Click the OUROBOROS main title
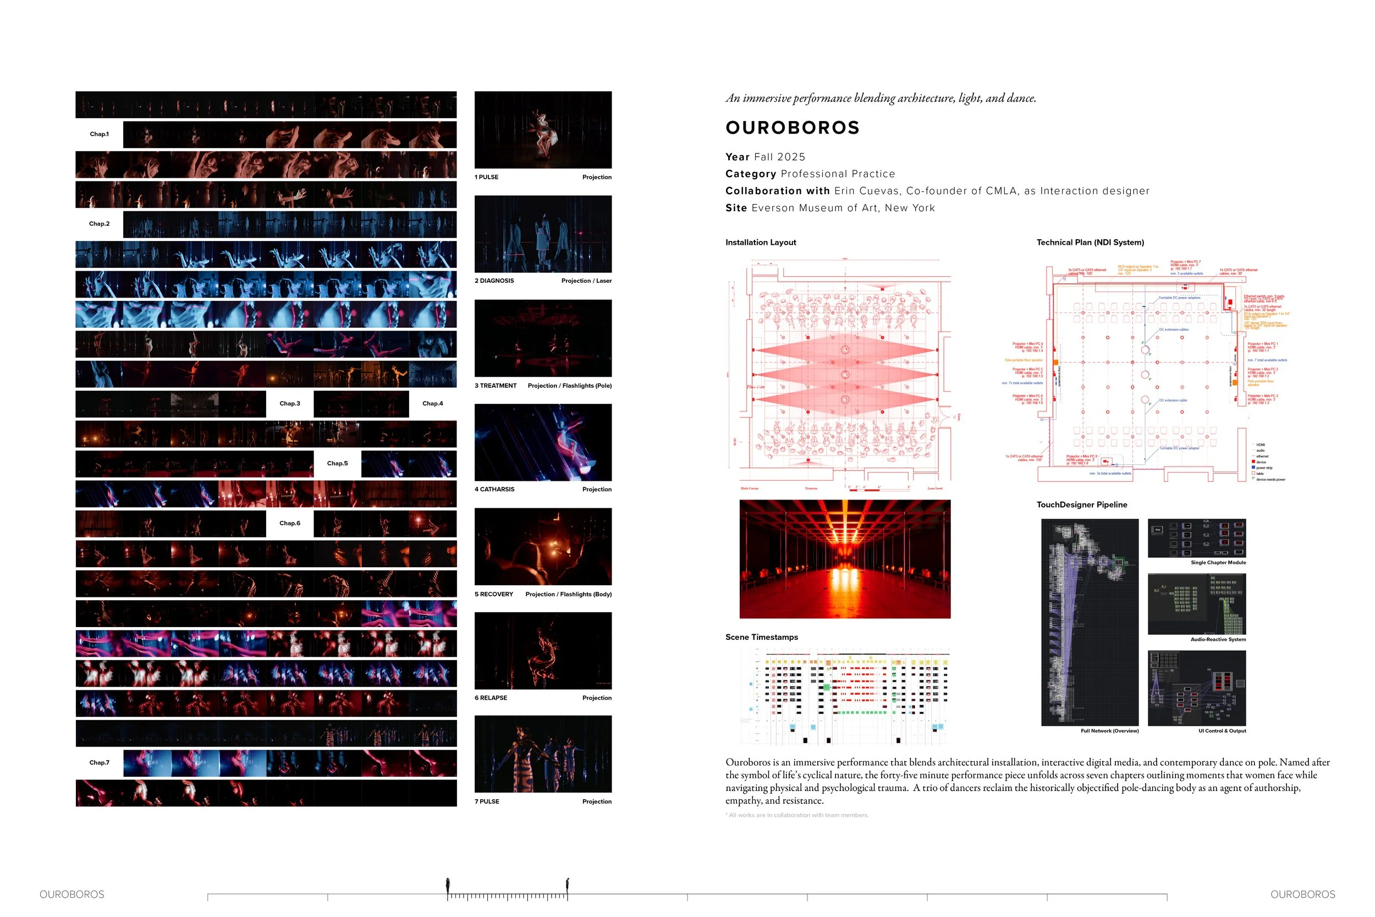pos(792,128)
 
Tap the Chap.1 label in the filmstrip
pos(99,134)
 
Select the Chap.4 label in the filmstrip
pos(433,404)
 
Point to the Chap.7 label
pos(99,762)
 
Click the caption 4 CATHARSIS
pos(494,490)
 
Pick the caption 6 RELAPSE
pos(491,698)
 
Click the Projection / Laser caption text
pos(586,281)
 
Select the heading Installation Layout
pos(761,242)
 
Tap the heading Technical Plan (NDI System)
pos(1090,242)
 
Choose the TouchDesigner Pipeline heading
pos(1081,504)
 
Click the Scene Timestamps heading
pos(761,637)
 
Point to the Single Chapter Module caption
pos(1218,563)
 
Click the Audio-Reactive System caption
pos(1218,639)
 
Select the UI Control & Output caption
pos(1222,731)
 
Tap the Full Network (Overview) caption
pos(1109,731)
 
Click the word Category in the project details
pos(751,174)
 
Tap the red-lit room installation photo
pos(845,558)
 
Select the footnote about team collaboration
pos(797,815)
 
